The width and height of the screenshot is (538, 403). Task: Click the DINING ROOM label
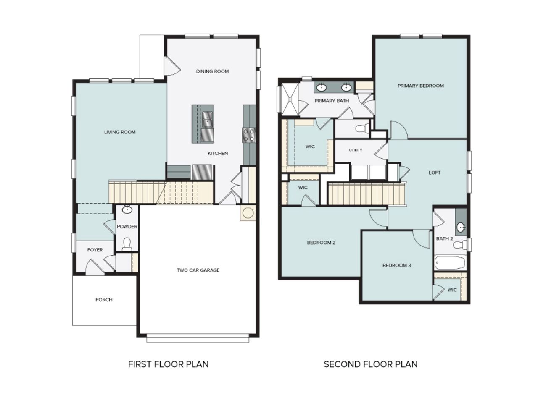[x=212, y=71]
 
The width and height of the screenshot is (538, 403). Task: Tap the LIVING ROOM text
[x=120, y=132]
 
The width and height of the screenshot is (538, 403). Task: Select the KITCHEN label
[x=218, y=153]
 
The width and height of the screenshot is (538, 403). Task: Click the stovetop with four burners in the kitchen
[x=249, y=135]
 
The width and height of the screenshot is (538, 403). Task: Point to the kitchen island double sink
[x=207, y=119]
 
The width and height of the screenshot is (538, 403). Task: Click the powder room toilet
[x=127, y=245]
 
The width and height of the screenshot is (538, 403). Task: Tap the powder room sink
[x=127, y=210]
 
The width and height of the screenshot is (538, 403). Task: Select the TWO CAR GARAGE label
[x=198, y=270]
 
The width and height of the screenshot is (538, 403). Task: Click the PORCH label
[x=104, y=300]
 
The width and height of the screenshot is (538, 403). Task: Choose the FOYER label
[x=95, y=250]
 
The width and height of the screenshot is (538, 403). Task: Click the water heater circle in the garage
[x=248, y=213]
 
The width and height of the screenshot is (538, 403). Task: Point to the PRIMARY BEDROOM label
[x=420, y=86]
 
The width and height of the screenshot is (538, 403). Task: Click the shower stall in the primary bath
[x=290, y=99]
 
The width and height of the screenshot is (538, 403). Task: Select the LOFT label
[x=435, y=173]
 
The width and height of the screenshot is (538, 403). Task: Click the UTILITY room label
[x=355, y=150]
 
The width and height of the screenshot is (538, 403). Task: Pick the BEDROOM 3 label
[x=396, y=265]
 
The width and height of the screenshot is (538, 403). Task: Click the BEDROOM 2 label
[x=321, y=243]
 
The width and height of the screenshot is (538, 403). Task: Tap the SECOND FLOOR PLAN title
[x=370, y=364]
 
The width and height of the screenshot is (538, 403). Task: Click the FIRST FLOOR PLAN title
[x=168, y=364]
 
